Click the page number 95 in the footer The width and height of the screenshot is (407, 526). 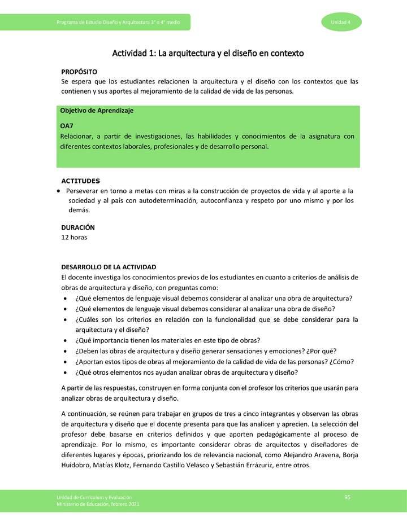point(348,497)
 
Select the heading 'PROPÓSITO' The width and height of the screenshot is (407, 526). point(79,72)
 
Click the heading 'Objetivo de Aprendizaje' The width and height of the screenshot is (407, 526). point(97,111)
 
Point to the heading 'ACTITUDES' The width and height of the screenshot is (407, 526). point(80,181)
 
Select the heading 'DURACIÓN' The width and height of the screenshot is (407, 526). point(77,227)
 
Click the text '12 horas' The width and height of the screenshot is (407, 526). point(73,237)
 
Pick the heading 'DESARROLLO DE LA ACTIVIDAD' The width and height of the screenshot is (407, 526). point(108,266)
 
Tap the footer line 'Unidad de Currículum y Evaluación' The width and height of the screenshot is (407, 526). point(94,497)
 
